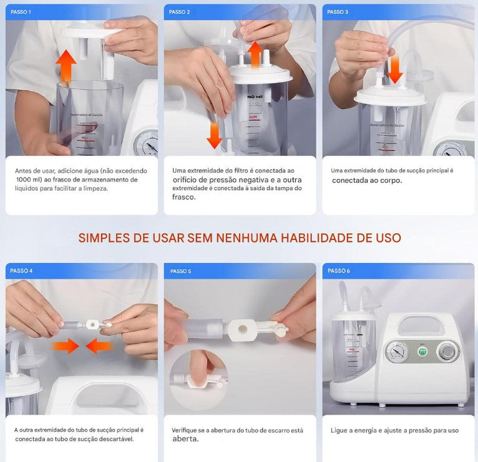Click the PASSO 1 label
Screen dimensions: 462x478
pos(21,12)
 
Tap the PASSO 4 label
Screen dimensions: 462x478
pos(22,271)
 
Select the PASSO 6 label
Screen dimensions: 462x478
pos(338,271)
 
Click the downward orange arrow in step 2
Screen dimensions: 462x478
pos(215,134)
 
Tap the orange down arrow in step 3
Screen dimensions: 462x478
pos(394,70)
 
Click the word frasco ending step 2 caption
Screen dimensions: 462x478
pos(184,197)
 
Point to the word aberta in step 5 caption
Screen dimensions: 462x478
pos(185,439)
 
